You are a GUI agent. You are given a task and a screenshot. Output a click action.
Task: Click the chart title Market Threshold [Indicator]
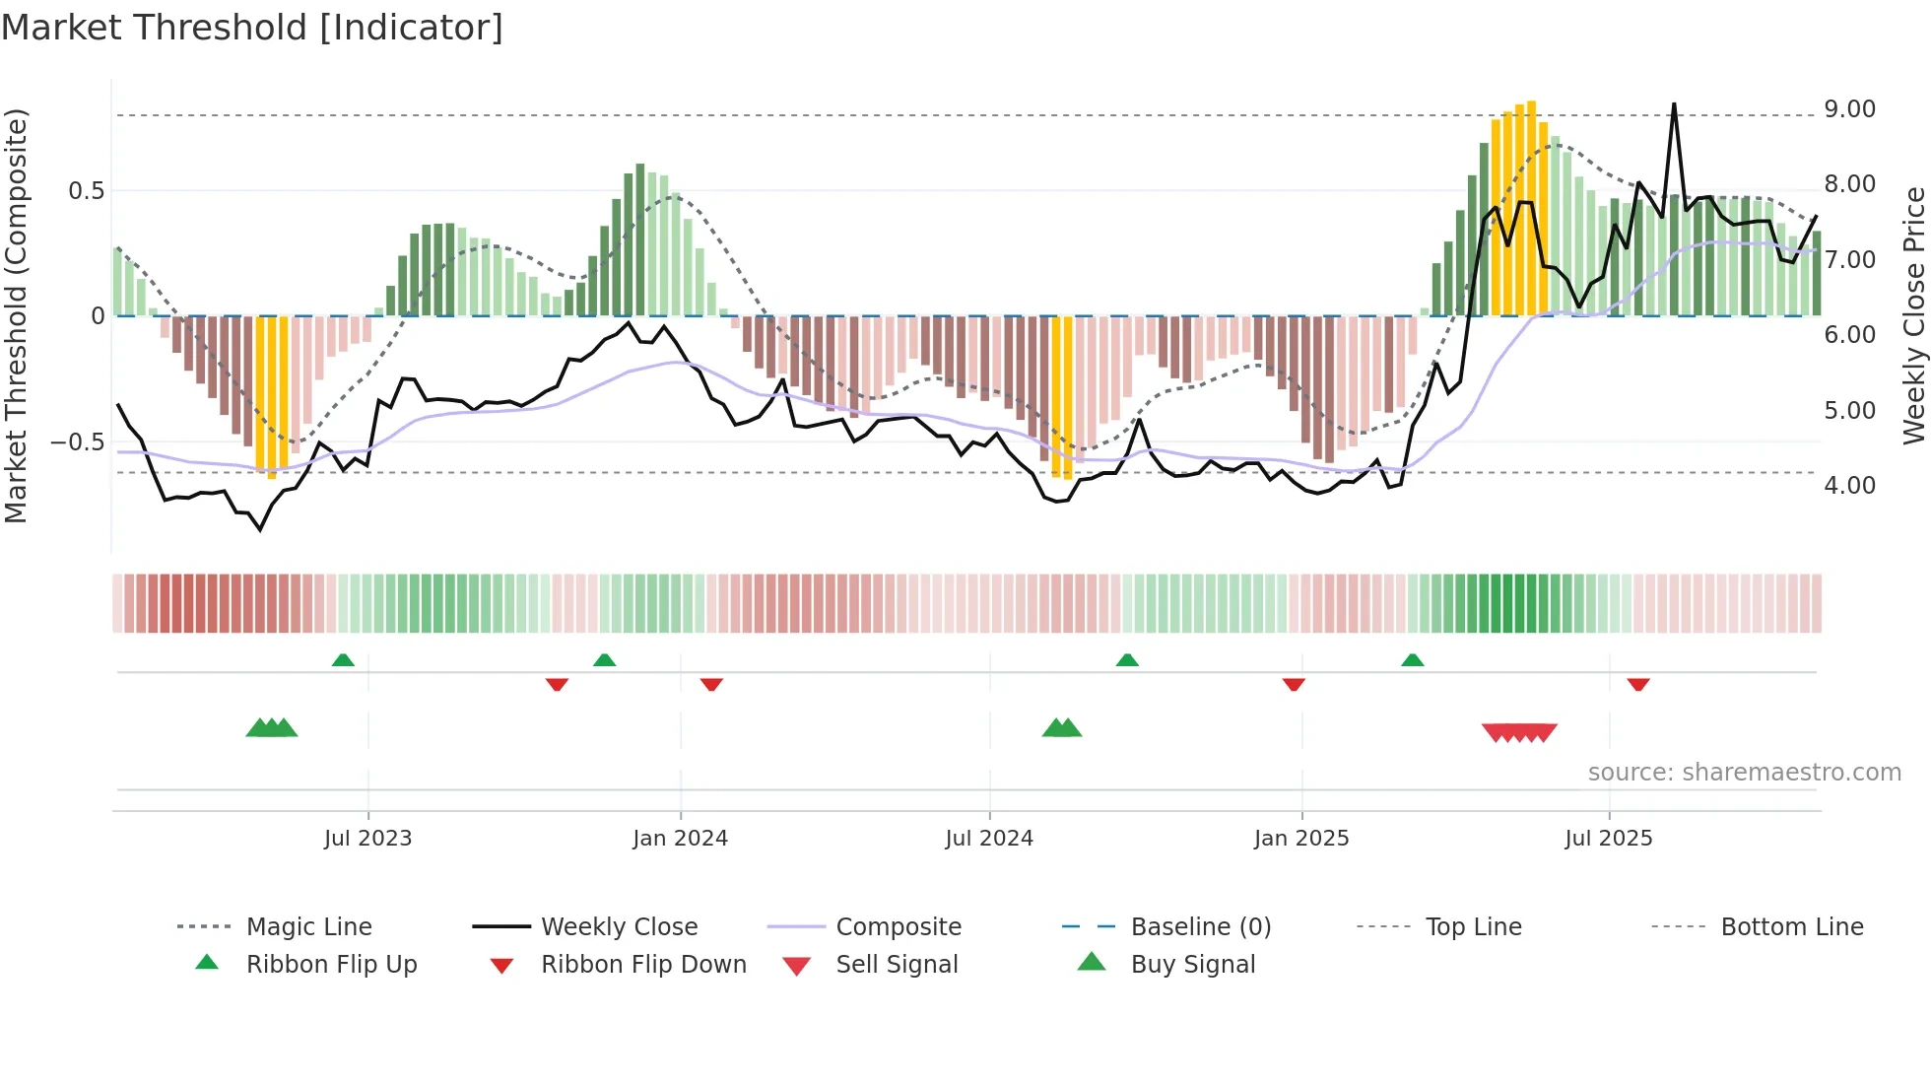(x=252, y=28)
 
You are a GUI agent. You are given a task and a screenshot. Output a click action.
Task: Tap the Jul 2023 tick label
(x=367, y=839)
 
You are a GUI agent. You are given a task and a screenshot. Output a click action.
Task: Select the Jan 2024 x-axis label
(x=680, y=839)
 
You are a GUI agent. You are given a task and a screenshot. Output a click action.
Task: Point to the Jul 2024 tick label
(x=989, y=839)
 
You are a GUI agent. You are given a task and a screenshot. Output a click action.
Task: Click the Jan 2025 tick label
(x=1301, y=839)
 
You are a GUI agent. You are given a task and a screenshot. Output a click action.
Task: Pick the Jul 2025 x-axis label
(x=1609, y=839)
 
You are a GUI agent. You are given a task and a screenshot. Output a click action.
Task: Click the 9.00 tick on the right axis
(x=1849, y=109)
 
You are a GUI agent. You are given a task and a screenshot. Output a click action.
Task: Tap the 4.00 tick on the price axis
(x=1849, y=486)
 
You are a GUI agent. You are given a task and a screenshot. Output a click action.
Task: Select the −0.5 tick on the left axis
(x=77, y=442)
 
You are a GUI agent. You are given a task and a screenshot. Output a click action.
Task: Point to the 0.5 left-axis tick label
(x=86, y=191)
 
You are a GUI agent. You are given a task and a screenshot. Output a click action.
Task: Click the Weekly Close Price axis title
(x=1913, y=315)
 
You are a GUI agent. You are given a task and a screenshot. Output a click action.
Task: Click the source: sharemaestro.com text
(x=1744, y=773)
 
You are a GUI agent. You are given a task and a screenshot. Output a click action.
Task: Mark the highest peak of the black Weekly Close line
(x=1673, y=104)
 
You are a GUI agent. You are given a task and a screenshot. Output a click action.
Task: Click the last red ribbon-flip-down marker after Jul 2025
(x=1638, y=684)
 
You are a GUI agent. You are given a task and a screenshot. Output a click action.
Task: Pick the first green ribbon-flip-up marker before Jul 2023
(x=343, y=660)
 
